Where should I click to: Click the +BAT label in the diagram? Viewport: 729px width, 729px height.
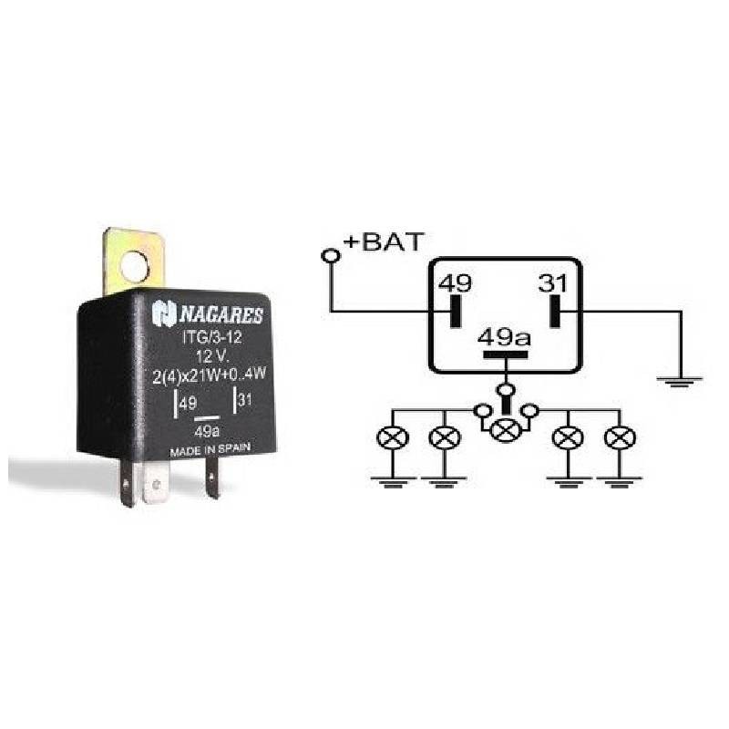click(x=384, y=241)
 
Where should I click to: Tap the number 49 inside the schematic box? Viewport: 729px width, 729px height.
click(x=455, y=283)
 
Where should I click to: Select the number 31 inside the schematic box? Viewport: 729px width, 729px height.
click(x=553, y=283)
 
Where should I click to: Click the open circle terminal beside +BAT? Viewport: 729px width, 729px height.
click(x=331, y=256)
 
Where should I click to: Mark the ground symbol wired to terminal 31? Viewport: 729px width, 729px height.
click(x=680, y=382)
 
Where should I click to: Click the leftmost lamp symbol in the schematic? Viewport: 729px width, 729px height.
click(x=393, y=437)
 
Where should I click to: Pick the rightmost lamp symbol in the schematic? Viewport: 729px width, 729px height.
click(x=620, y=437)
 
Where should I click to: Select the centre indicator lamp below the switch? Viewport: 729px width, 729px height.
click(x=506, y=430)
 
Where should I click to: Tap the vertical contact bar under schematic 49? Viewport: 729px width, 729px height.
click(x=455, y=311)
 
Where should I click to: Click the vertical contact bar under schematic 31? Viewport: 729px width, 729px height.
click(x=555, y=311)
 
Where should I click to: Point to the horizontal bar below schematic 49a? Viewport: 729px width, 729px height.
click(x=506, y=354)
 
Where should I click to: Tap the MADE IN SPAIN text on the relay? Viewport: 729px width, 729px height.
click(x=210, y=450)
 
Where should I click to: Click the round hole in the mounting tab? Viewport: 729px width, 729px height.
click(x=134, y=267)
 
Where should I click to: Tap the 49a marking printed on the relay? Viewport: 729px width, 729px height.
click(x=207, y=431)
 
